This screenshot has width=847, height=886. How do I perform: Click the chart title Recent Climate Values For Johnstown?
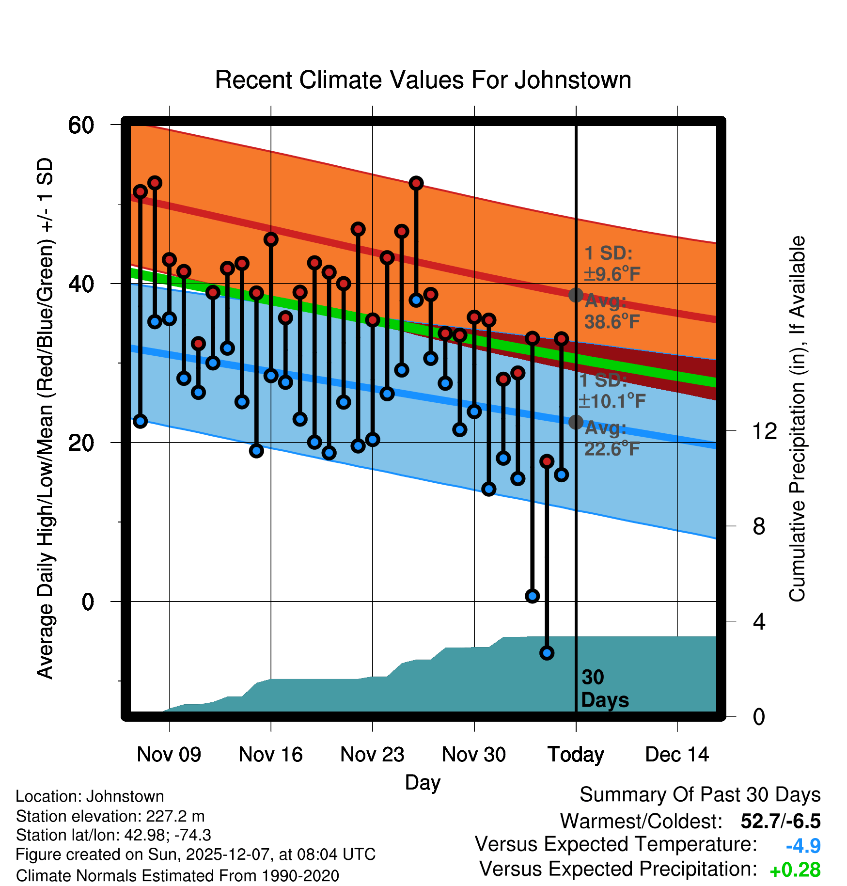point(423,80)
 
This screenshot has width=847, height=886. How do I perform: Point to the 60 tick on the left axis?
point(81,125)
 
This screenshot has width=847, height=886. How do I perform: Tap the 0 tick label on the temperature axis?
point(88,601)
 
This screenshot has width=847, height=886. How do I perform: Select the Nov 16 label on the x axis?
point(270,755)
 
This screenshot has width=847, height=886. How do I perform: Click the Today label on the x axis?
point(576,755)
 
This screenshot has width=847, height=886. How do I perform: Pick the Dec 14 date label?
point(677,755)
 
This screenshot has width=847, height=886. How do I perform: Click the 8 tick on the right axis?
point(759,526)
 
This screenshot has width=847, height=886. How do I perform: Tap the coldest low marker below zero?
point(547,653)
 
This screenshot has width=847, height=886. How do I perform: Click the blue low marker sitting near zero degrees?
point(532,596)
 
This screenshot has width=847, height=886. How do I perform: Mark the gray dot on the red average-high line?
point(576,295)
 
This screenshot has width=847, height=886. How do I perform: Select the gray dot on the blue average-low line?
point(576,422)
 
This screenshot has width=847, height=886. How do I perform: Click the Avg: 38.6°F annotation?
point(612,312)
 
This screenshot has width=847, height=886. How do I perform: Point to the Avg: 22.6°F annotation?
point(612,439)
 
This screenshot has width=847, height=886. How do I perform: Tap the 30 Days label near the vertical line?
point(604,689)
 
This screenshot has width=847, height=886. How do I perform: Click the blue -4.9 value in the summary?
point(803,846)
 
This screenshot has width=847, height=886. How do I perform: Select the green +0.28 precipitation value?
point(795,870)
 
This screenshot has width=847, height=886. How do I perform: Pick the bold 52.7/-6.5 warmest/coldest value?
point(780,821)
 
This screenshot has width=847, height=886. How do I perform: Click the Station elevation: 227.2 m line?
point(110,816)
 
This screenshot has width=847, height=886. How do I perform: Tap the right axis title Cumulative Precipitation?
point(797,419)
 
